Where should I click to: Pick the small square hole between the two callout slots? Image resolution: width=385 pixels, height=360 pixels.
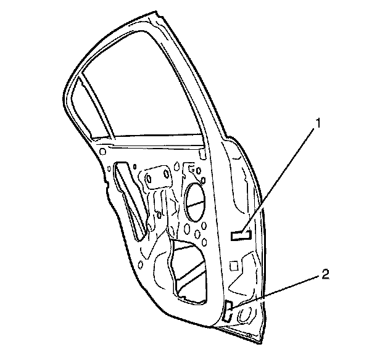pyautogui.click(x=234, y=266)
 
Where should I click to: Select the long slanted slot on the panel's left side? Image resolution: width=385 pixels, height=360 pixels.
pyautogui.click(x=128, y=197)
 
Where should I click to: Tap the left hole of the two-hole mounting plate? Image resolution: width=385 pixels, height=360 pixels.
pyautogui.click(x=152, y=179)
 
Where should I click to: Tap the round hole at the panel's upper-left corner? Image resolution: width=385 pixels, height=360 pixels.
pyautogui.click(x=102, y=151)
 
